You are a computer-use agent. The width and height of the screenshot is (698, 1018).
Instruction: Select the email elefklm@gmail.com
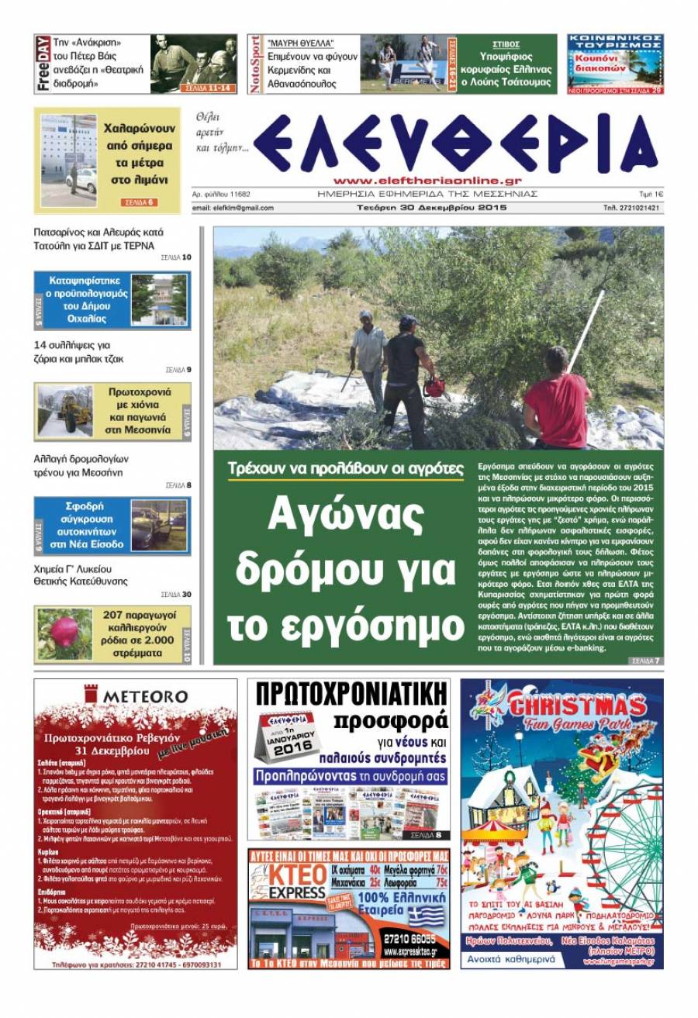pyautogui.click(x=233, y=208)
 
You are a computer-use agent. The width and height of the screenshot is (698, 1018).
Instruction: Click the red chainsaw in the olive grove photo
pyautogui.click(x=435, y=385)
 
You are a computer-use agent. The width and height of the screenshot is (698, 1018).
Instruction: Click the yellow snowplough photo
pyautogui.click(x=65, y=412)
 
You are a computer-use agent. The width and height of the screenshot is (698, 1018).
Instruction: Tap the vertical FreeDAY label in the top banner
pyautogui.click(x=43, y=64)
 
